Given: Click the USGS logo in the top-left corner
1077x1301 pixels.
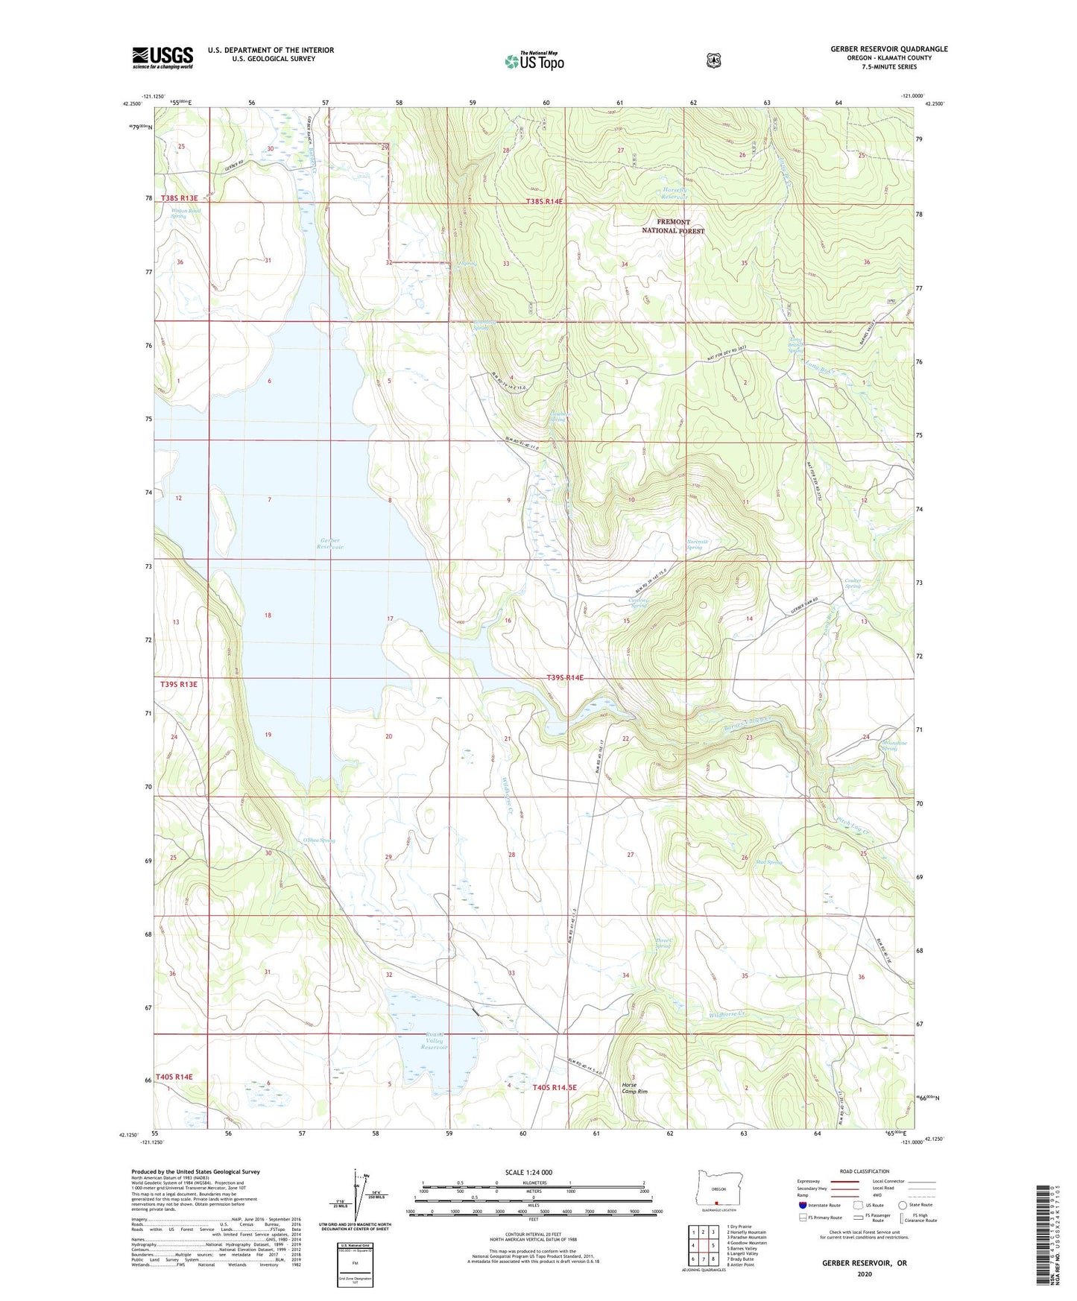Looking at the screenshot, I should click(x=162, y=57).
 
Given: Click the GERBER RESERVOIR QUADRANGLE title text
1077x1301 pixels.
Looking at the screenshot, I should click(x=888, y=49).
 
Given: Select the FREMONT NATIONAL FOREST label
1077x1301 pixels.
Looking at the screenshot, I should click(x=673, y=227).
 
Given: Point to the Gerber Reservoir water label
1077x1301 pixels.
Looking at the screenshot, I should click(x=329, y=544).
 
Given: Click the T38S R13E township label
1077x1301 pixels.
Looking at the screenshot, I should click(x=179, y=198).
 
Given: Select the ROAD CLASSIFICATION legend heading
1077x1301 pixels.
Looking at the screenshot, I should click(x=864, y=1172).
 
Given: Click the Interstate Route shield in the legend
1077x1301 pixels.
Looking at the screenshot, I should click(x=802, y=1204).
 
